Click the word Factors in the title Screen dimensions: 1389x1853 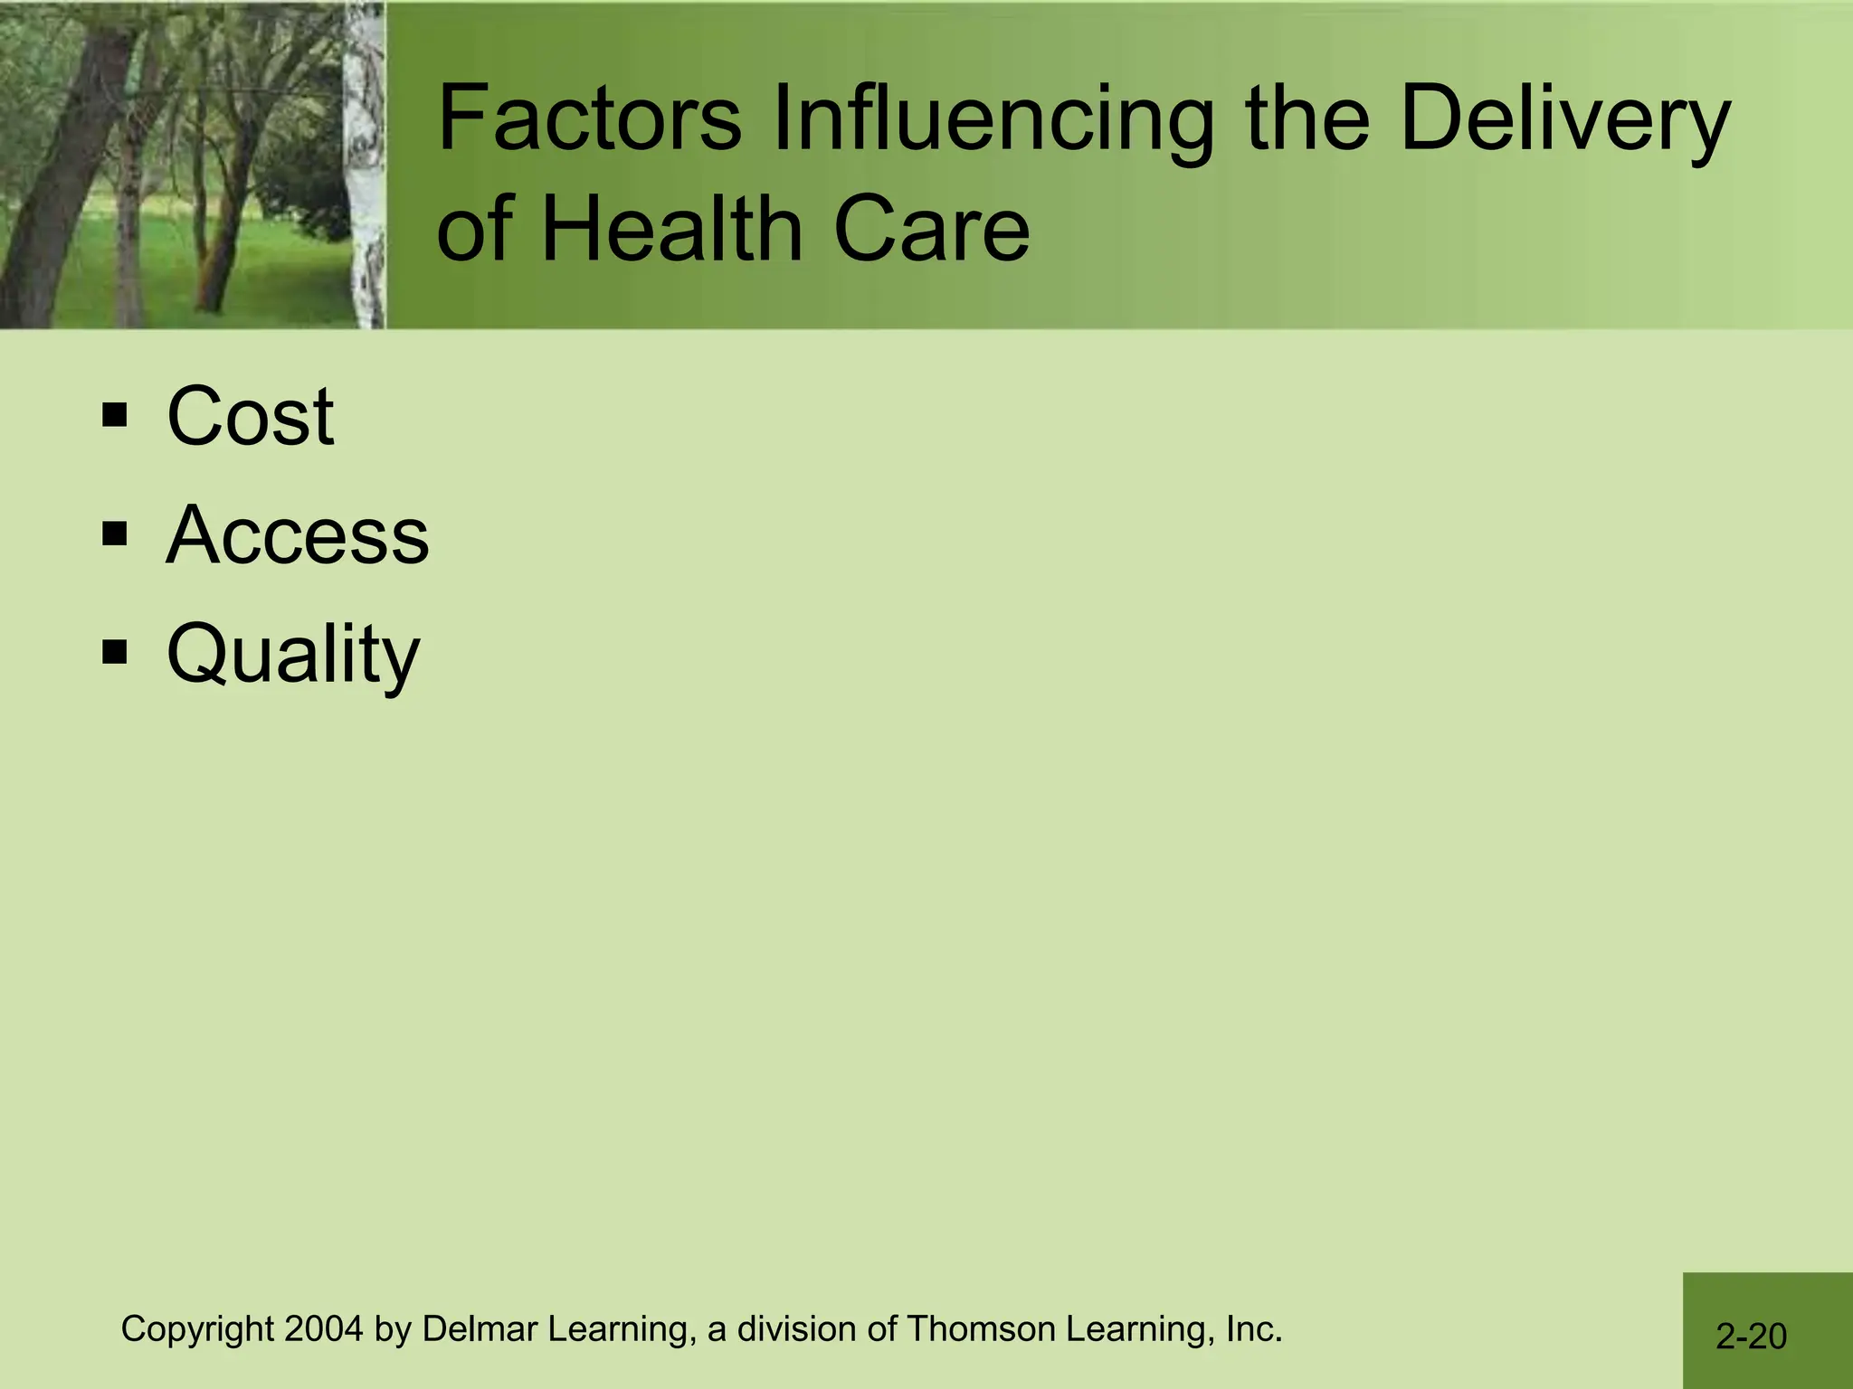[x=588, y=119]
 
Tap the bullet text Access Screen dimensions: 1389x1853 [x=298, y=535]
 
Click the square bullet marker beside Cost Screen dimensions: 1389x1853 [x=115, y=416]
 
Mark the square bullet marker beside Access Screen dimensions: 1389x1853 [x=115, y=534]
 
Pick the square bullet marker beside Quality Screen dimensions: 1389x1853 [x=115, y=651]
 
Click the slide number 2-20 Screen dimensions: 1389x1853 [x=1751, y=1337]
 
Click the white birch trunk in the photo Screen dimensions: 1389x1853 [x=365, y=181]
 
